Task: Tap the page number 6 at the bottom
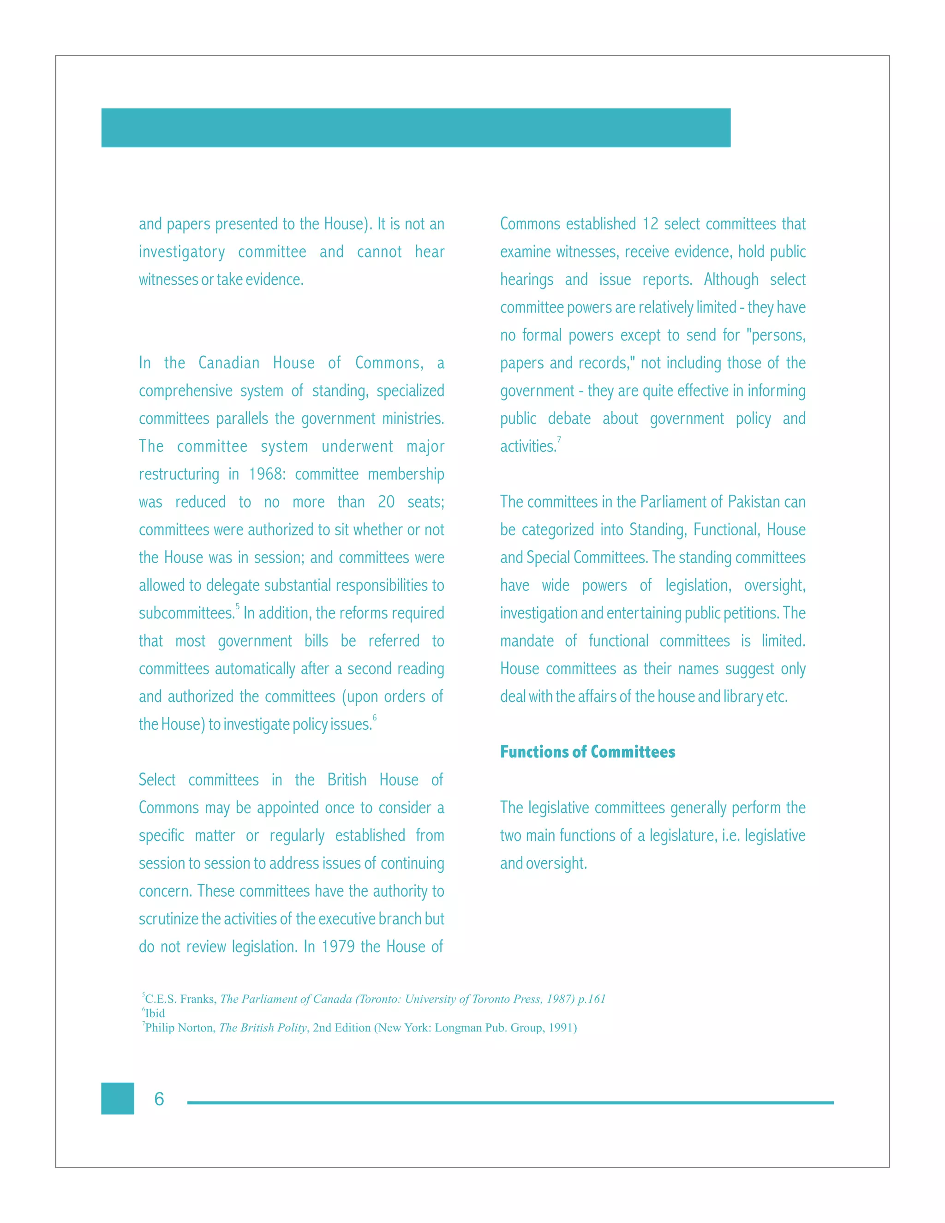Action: (159, 1099)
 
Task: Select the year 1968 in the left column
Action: (265, 474)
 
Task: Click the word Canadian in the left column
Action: (229, 363)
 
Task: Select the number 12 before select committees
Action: (650, 224)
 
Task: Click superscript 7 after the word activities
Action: (559, 439)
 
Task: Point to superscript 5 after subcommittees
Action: (237, 606)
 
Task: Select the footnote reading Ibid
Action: (155, 1013)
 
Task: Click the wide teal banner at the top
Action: (415, 128)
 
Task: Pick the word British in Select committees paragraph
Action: (347, 779)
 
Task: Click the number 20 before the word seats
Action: (386, 502)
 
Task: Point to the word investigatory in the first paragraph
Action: (182, 252)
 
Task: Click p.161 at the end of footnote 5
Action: (592, 999)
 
